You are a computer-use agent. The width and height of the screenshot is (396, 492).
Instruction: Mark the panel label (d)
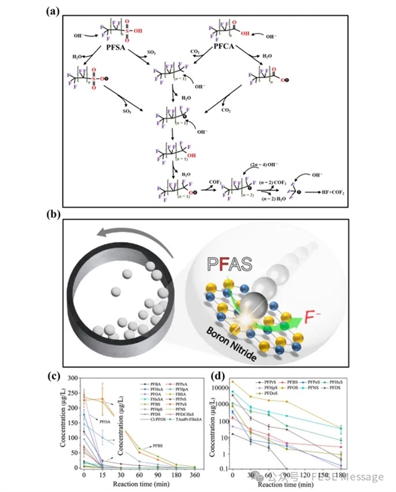[x=216, y=375]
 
